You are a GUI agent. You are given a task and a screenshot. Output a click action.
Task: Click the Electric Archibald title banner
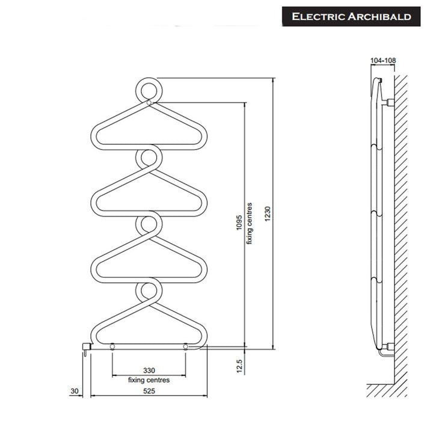click(x=351, y=17)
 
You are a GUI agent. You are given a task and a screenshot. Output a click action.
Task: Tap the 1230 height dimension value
click(x=268, y=214)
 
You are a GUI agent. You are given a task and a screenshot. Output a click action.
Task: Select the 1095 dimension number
click(x=239, y=223)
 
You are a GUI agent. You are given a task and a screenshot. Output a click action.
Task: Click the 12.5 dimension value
click(x=239, y=366)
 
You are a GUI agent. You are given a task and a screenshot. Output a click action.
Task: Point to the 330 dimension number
click(x=149, y=370)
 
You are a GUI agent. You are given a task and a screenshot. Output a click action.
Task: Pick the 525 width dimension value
click(x=149, y=391)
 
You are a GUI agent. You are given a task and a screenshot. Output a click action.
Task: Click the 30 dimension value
click(x=75, y=391)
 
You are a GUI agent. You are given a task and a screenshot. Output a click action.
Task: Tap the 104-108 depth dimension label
click(x=383, y=60)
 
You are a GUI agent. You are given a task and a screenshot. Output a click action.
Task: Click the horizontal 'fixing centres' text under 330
click(x=149, y=380)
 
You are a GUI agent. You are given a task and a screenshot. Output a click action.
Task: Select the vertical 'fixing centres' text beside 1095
click(x=249, y=223)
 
